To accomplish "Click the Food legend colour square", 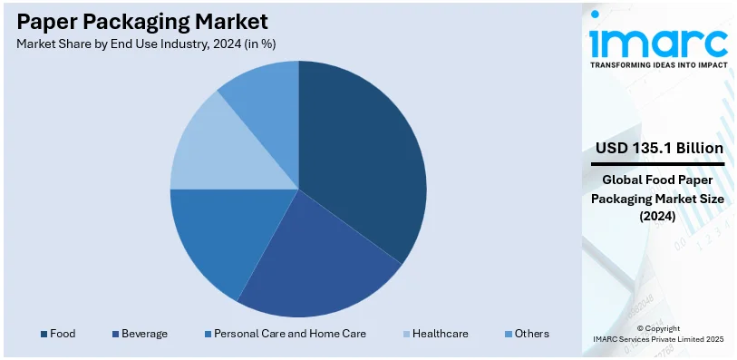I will [43, 334].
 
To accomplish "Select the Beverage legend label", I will [145, 334].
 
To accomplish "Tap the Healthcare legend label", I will [440, 334].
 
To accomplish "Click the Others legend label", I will [531, 334].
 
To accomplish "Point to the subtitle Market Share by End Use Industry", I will [146, 43].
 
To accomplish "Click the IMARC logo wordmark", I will [657, 40].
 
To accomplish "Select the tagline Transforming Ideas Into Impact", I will [658, 65].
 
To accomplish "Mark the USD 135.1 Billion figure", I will [659, 148].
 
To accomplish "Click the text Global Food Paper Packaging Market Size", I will [658, 197].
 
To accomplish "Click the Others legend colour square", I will [508, 334].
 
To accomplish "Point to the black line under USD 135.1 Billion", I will [658, 164].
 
